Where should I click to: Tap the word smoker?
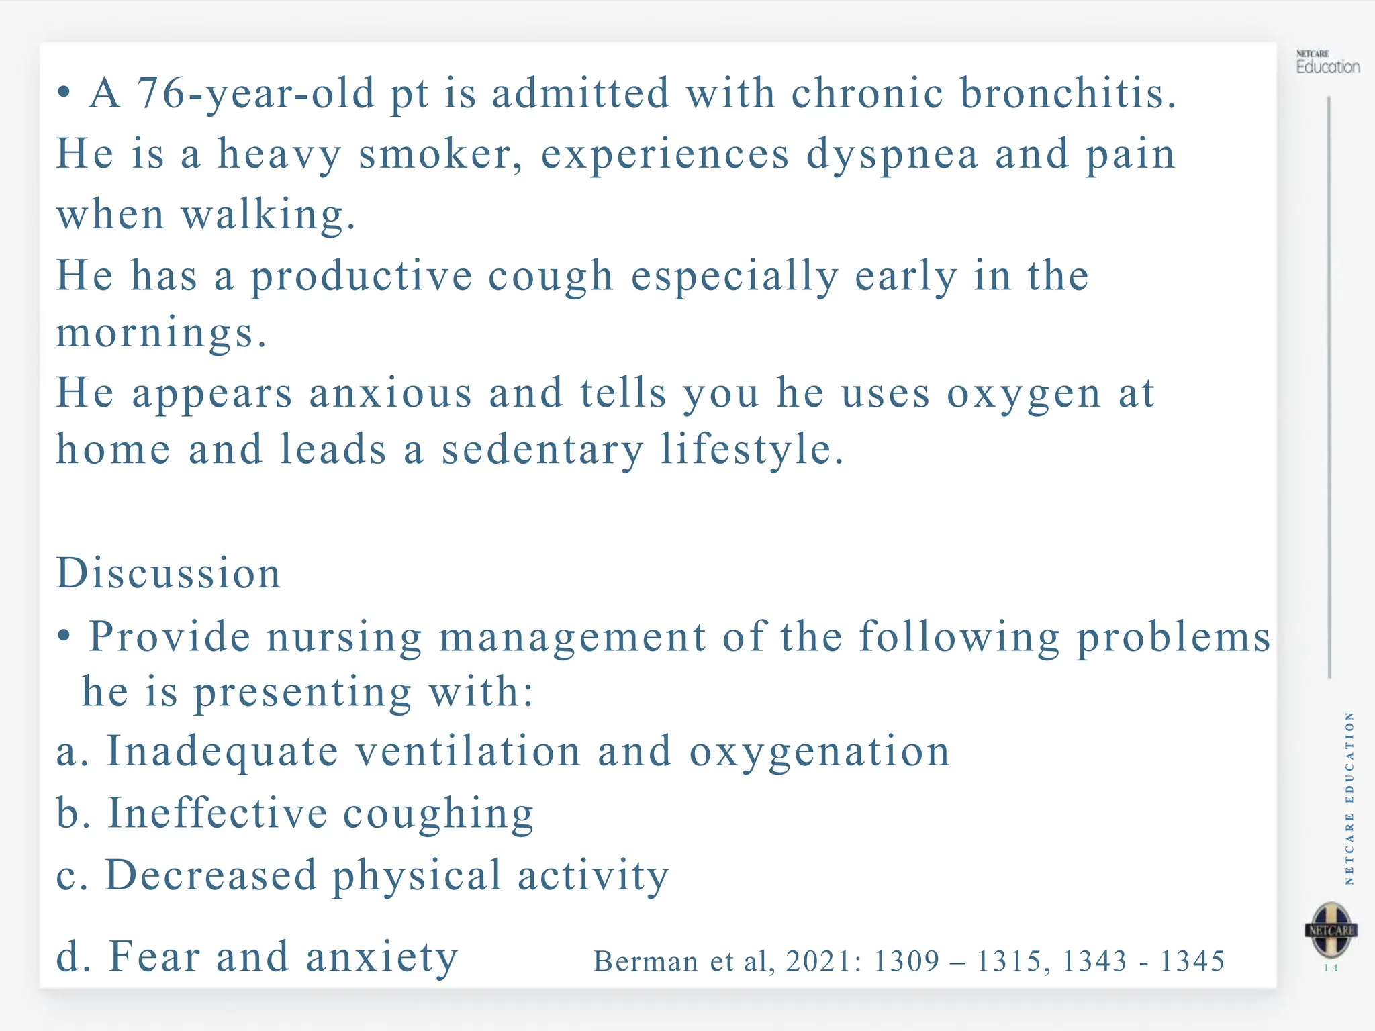click(x=440, y=154)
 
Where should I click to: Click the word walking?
click(x=268, y=215)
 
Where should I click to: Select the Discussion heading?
click(x=169, y=573)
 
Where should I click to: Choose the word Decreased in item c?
click(x=211, y=875)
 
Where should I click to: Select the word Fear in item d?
click(x=154, y=956)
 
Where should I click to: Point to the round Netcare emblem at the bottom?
click(x=1331, y=930)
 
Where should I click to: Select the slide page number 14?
click(x=1331, y=968)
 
